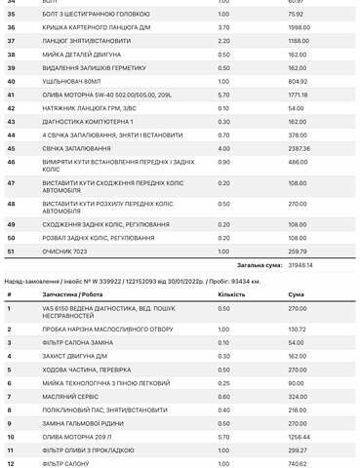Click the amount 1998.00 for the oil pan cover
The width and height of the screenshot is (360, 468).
tap(273, 28)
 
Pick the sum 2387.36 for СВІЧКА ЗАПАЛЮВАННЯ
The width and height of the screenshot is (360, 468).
tap(273, 147)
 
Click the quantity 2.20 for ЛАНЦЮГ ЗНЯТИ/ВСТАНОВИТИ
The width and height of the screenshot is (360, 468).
tap(223, 41)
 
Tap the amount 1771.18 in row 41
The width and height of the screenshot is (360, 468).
tap(272, 95)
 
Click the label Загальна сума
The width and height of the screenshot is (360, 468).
tap(231, 263)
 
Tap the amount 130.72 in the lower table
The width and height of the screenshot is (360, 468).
tap(271, 330)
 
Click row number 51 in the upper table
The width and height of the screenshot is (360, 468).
tap(11, 251)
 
